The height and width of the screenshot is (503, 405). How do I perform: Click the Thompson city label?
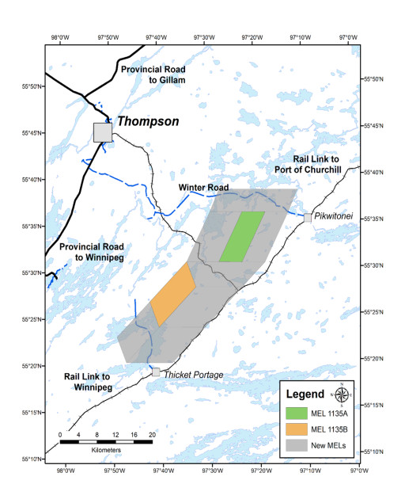coord(148,122)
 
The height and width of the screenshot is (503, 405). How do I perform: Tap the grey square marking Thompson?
coord(103,132)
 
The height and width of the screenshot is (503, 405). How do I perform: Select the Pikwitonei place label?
coord(332,215)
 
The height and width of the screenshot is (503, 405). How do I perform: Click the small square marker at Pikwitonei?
coord(308,217)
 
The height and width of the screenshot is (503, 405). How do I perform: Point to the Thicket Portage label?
coord(193,374)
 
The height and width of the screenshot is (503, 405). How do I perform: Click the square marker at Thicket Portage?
coord(157,372)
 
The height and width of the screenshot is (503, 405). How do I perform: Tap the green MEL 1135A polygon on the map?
coord(242,236)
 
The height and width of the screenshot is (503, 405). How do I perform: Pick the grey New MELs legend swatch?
coord(297,447)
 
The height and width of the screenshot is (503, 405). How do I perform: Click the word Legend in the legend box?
coord(305,394)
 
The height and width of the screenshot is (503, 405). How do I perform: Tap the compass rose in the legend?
coord(341,394)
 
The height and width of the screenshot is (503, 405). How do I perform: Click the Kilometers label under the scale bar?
coord(105,449)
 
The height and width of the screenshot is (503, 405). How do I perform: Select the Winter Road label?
coord(203,188)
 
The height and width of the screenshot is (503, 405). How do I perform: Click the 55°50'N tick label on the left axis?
coord(30,86)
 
